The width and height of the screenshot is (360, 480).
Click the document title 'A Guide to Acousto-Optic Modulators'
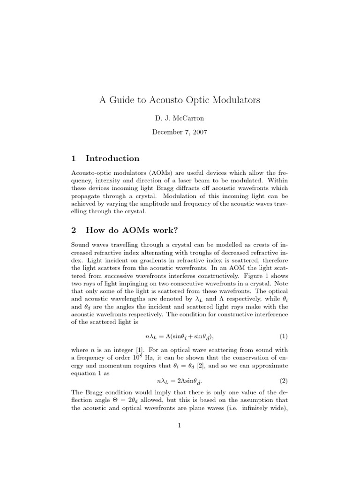coord(180,100)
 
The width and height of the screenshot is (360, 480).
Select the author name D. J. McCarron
coord(180,118)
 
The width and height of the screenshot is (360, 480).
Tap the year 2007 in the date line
coord(198,132)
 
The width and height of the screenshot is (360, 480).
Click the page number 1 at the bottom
coord(180,426)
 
